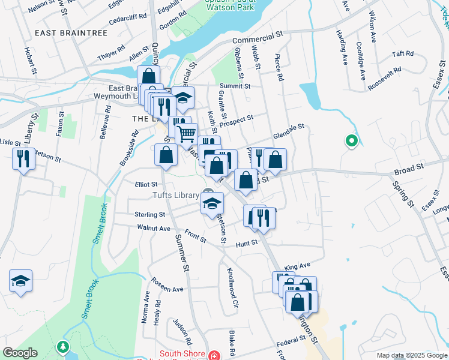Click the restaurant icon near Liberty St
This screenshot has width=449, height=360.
click(x=23, y=158)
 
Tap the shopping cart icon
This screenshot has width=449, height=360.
click(x=187, y=133)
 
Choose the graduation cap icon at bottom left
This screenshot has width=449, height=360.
click(x=20, y=280)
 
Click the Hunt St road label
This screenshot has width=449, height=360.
click(x=246, y=243)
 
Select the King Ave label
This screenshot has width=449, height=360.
click(x=297, y=265)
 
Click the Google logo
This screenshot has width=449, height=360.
click(x=20, y=353)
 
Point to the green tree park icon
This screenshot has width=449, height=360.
click(x=62, y=347)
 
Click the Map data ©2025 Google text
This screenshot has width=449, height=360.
click(x=411, y=355)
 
